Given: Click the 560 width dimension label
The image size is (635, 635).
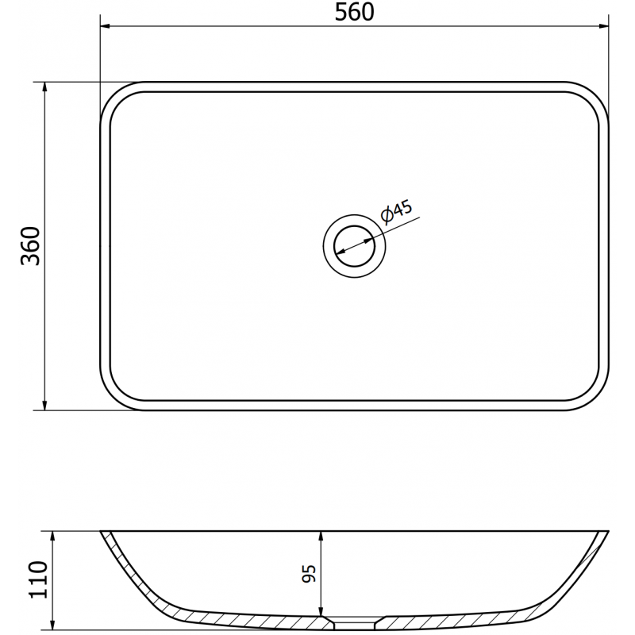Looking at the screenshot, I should pyautogui.click(x=355, y=13).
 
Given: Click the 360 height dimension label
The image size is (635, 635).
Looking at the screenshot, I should pyautogui.click(x=30, y=245).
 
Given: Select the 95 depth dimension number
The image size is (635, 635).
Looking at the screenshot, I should pyautogui.click(x=309, y=572).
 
